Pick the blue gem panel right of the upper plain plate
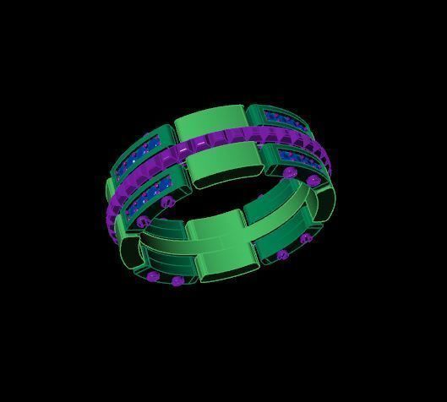(x=287, y=126)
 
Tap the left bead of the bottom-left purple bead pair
(x=153, y=275)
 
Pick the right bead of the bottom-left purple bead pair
(x=177, y=280)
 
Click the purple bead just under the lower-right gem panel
(x=290, y=173)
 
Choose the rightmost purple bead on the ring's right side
(x=313, y=181)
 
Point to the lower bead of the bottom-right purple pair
(x=282, y=254)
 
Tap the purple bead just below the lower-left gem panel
(x=166, y=203)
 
